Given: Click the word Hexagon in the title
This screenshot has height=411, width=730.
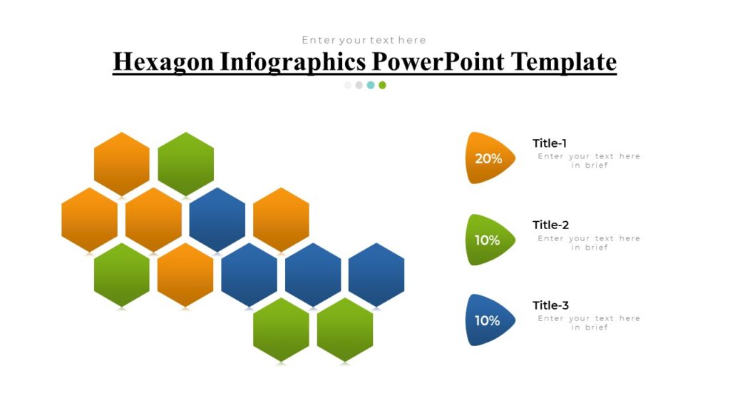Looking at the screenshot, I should (163, 61).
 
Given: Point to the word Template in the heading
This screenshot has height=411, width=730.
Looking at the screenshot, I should (565, 61).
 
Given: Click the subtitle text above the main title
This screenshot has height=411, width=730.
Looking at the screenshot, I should (364, 40).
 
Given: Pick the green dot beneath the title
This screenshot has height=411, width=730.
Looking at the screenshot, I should (382, 85).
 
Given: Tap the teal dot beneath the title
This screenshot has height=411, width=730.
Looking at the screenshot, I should (371, 85).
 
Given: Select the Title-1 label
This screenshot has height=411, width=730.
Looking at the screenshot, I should (550, 143).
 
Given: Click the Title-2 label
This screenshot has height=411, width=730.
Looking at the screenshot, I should (550, 225).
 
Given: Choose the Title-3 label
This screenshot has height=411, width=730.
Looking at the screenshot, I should (550, 305).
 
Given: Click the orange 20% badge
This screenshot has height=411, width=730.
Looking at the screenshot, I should (489, 158).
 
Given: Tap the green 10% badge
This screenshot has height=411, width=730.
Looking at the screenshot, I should (488, 240).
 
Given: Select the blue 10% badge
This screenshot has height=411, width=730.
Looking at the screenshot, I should (488, 320).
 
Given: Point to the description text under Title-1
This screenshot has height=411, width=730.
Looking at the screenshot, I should (589, 161).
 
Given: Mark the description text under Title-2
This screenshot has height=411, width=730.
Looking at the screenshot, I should (589, 243).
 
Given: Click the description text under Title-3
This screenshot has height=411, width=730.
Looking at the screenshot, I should (589, 323).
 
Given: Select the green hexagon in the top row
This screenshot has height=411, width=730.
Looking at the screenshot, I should (185, 163).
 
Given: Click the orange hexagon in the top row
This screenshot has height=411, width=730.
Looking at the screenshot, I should (122, 163).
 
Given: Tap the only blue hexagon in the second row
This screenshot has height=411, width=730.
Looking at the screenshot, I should (217, 219).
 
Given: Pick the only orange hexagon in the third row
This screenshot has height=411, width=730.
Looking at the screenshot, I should (185, 275).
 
